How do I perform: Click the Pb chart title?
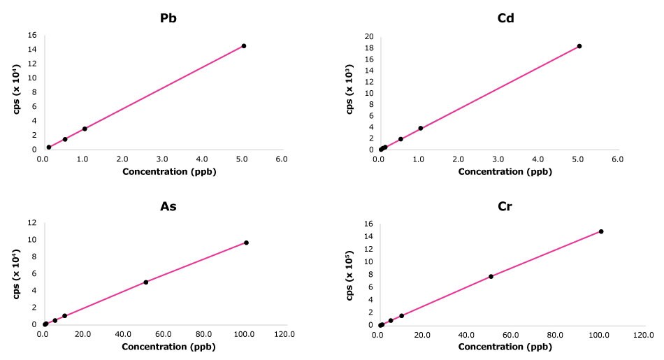(x=168, y=18)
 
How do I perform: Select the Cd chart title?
(x=505, y=18)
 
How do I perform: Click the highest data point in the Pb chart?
(x=243, y=46)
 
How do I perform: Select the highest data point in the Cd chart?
(x=579, y=46)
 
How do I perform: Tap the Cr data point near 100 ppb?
(x=601, y=231)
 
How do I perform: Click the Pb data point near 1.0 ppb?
(x=85, y=129)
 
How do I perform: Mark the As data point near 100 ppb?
(x=246, y=243)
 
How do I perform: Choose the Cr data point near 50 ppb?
(x=491, y=277)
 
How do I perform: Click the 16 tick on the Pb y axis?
(x=31, y=34)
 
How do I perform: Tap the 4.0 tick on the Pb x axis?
(x=201, y=159)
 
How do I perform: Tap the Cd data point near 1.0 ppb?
(x=421, y=128)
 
